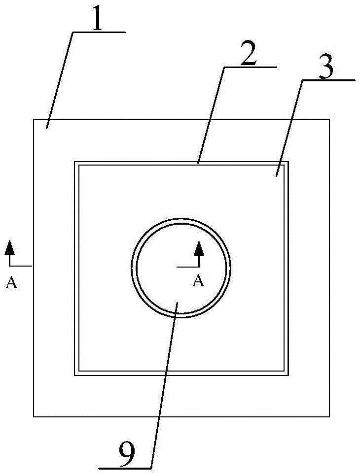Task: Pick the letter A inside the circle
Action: click(198, 281)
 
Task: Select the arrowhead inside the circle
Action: click(199, 247)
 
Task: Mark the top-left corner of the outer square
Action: click(34, 120)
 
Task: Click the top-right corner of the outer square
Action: click(329, 120)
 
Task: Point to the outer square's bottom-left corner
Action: click(34, 416)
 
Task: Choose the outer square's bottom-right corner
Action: click(329, 416)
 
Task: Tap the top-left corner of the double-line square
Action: click(75, 162)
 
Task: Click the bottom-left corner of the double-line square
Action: click(75, 375)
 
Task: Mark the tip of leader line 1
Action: click(47, 129)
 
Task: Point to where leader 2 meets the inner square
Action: click(198, 163)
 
